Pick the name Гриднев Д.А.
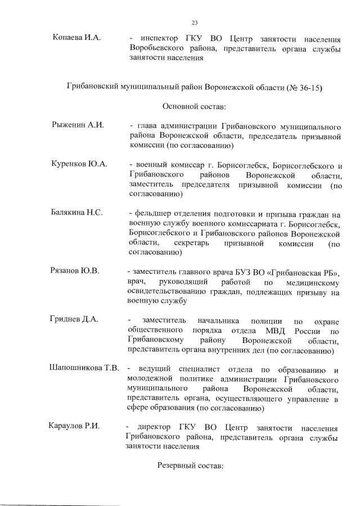[74, 319]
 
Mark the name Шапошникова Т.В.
[84, 368]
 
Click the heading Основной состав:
[194, 106]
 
